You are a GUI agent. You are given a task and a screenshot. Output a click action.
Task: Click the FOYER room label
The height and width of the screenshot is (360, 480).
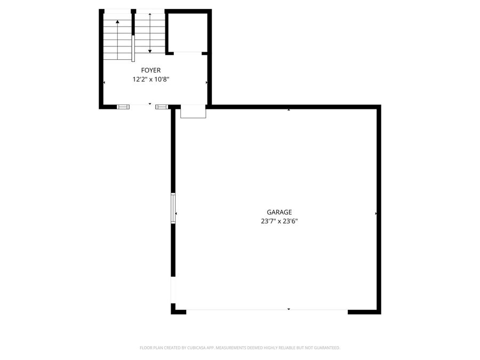[150, 70]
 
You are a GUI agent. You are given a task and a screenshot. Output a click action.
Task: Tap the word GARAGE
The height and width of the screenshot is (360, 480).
[279, 212]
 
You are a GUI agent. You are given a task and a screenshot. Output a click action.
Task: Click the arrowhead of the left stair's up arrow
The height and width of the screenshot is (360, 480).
[117, 22]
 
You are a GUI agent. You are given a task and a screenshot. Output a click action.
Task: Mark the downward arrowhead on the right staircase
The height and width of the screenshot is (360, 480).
[150, 51]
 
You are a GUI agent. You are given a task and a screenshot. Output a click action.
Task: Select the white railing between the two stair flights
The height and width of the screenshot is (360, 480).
[133, 49]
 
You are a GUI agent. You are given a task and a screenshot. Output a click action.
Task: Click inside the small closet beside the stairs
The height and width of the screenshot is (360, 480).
[187, 33]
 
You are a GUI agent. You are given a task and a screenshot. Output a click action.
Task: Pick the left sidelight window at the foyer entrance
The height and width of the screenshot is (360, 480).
[123, 107]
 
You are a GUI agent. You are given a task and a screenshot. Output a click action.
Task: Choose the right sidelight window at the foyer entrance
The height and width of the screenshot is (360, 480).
[162, 107]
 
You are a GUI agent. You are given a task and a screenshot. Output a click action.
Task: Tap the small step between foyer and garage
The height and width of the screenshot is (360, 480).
[193, 112]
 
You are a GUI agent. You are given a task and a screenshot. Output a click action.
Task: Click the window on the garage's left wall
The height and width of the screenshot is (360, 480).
[173, 207]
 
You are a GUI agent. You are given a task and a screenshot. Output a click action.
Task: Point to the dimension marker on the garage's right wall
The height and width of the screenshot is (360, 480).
[376, 213]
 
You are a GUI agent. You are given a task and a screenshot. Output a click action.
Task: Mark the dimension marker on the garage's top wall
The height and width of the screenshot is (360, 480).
[289, 110]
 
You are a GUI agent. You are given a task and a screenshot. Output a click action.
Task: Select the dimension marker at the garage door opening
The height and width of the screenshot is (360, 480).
[289, 309]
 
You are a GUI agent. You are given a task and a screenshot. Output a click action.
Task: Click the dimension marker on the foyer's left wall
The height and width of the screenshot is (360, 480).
[104, 83]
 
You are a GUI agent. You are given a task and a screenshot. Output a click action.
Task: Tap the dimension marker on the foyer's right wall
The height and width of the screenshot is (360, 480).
[206, 83]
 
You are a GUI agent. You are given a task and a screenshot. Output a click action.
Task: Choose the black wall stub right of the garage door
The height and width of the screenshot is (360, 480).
[364, 311]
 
